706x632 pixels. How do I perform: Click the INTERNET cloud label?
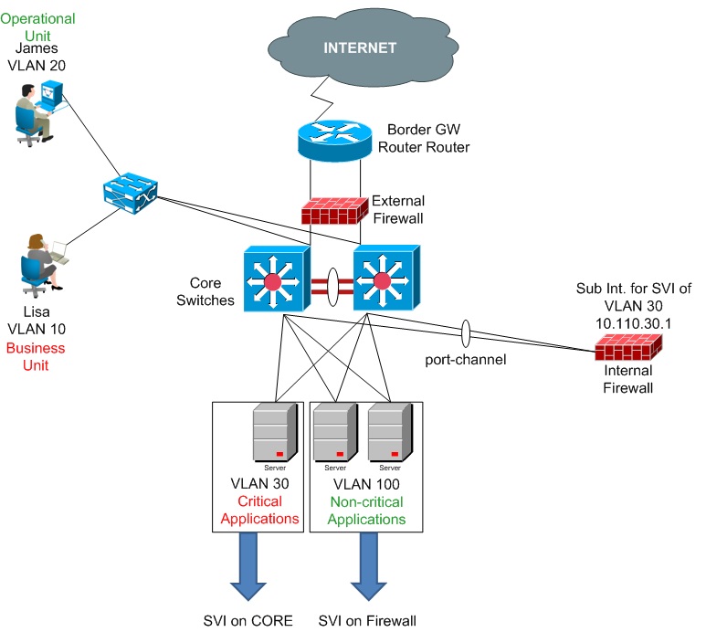[360, 47]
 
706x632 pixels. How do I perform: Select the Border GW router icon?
[335, 140]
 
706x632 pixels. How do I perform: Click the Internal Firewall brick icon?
[628, 348]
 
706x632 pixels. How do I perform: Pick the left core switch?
[277, 279]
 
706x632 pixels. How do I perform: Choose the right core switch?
[386, 278]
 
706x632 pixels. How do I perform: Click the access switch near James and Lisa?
[130, 193]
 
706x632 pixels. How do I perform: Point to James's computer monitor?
[51, 94]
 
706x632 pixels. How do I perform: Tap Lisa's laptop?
[60, 253]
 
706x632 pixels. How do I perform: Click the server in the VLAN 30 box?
[275, 431]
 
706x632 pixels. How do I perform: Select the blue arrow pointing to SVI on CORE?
[248, 566]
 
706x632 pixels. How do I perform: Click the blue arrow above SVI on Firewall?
[368, 566]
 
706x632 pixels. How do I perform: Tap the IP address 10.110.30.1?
[633, 323]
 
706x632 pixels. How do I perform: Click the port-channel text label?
[466, 359]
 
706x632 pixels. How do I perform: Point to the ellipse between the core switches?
[332, 287]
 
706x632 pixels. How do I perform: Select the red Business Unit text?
[36, 356]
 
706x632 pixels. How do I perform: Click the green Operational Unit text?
[37, 26]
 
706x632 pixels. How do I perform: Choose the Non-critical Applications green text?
[366, 511]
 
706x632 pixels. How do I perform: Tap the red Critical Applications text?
[259, 510]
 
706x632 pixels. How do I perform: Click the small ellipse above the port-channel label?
[466, 333]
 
